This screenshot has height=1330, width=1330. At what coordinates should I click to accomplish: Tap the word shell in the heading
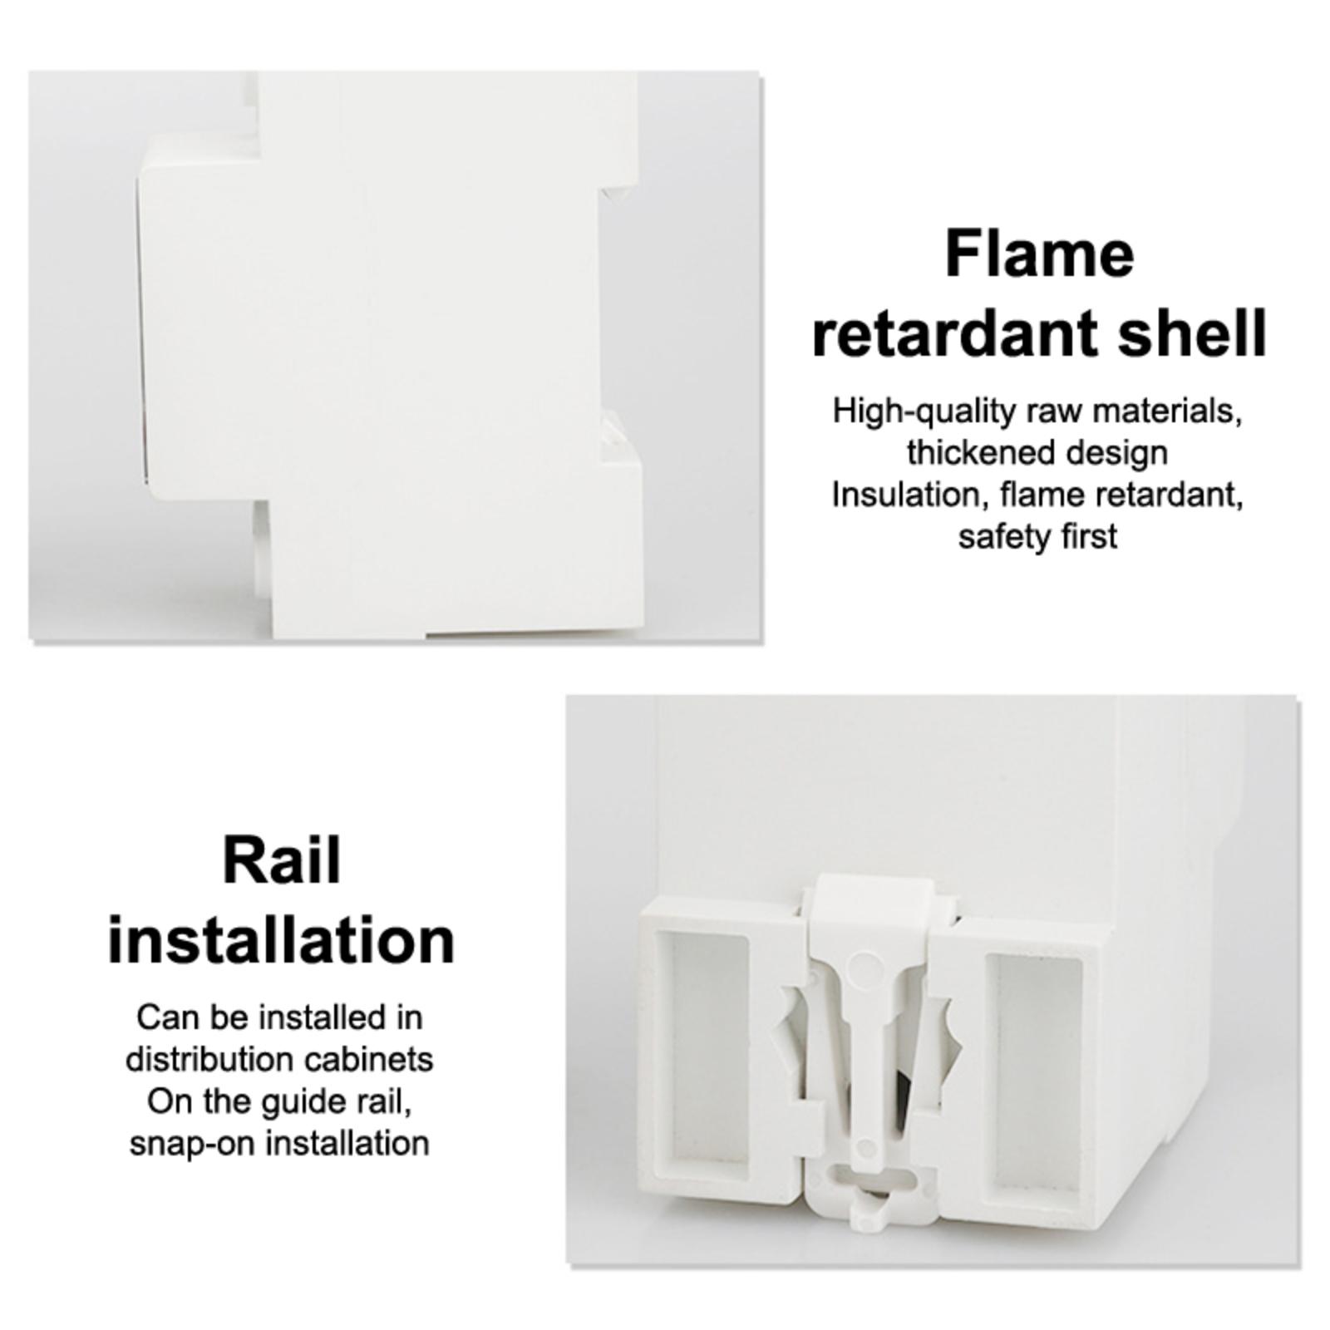point(1192,332)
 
